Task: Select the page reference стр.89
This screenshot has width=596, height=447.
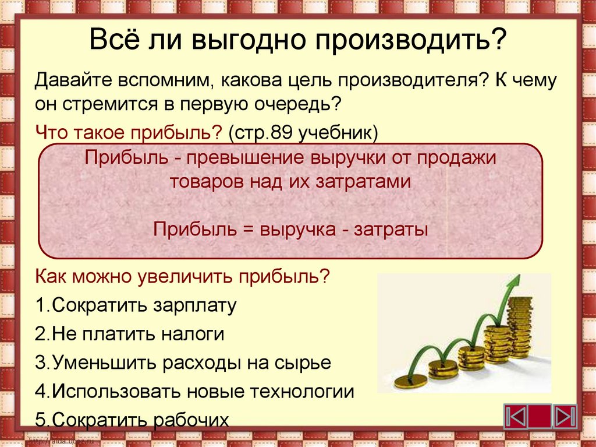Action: (263, 133)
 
